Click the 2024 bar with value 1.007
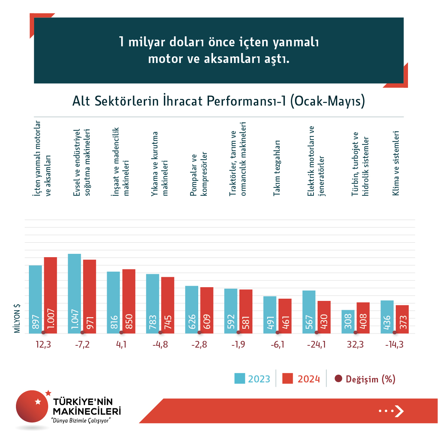50,295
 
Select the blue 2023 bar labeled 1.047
74,293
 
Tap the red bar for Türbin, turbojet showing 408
363,318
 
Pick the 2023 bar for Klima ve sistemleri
387,317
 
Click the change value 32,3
355,345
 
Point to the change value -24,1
316,345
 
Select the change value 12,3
43,345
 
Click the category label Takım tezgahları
277,168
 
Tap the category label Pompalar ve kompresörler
199,174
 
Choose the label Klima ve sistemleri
396,163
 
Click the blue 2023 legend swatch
240,378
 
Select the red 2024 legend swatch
288,378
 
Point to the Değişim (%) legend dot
338,379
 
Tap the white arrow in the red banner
399,411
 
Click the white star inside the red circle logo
38,401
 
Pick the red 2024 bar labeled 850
129,301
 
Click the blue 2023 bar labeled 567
309,312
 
